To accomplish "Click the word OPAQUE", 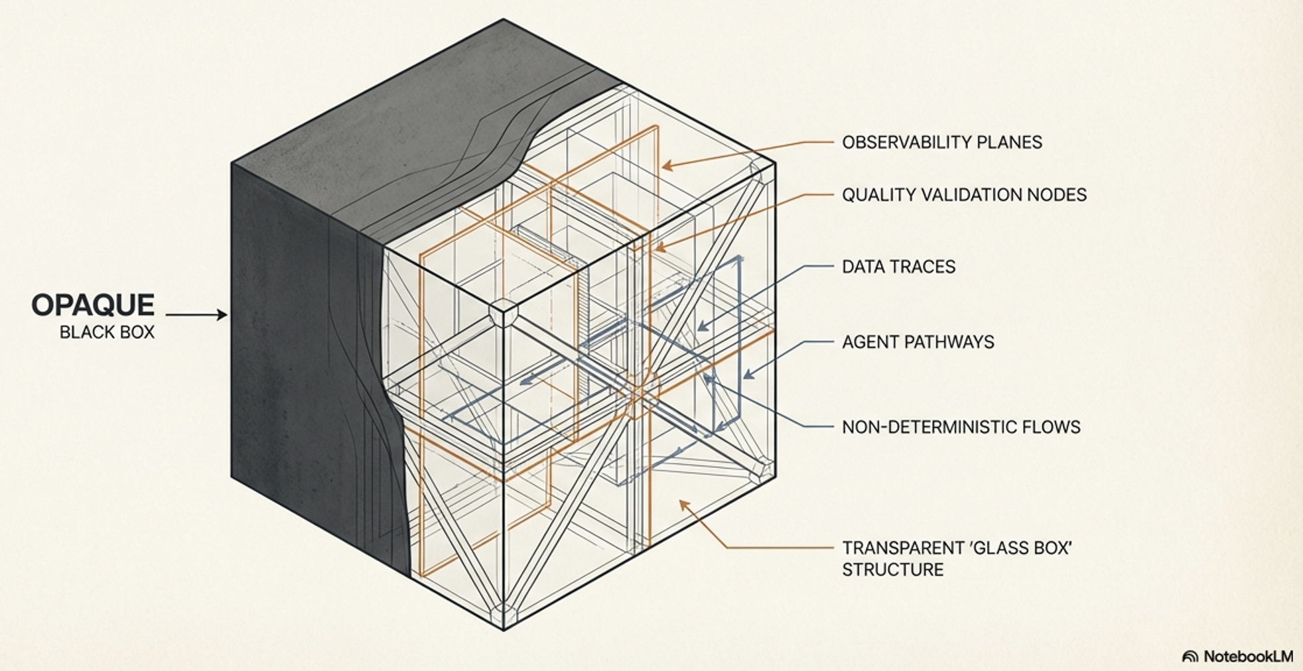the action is (93, 305).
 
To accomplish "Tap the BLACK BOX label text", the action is (107, 332).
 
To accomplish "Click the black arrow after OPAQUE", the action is (196, 314).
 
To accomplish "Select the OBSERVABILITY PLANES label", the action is (942, 143).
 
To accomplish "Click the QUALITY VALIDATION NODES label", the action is (964, 195).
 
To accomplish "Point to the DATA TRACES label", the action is (898, 267).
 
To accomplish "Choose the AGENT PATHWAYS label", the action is (918, 342).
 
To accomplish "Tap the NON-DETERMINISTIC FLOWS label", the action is (961, 427).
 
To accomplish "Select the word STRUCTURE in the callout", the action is (893, 570).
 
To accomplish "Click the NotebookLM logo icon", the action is (1190, 656).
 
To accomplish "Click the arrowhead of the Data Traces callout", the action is (703, 326).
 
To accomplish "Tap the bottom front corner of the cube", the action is (504, 629).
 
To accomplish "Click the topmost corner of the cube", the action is (503, 19).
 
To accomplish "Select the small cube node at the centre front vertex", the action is (503, 311).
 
